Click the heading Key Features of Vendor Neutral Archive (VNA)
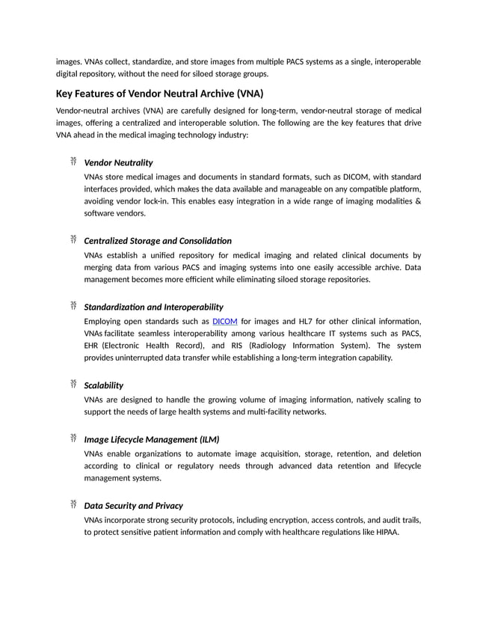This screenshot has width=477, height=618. [x=159, y=94]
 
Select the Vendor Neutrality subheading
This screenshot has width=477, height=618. [x=118, y=162]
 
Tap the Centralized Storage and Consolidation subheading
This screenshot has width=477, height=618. [x=158, y=241]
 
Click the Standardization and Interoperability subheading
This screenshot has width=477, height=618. [x=153, y=307]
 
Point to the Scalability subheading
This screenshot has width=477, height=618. [x=104, y=385]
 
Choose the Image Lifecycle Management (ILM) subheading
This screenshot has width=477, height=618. [x=152, y=439]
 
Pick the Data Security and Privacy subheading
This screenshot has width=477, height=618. [x=133, y=505]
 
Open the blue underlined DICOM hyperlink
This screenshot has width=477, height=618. [x=225, y=321]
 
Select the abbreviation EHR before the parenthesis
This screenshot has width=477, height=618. [x=93, y=346]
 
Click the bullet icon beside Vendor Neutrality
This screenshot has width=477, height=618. [x=73, y=162]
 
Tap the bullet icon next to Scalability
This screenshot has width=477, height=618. [x=73, y=385]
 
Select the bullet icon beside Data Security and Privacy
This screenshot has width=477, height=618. [x=73, y=504]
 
